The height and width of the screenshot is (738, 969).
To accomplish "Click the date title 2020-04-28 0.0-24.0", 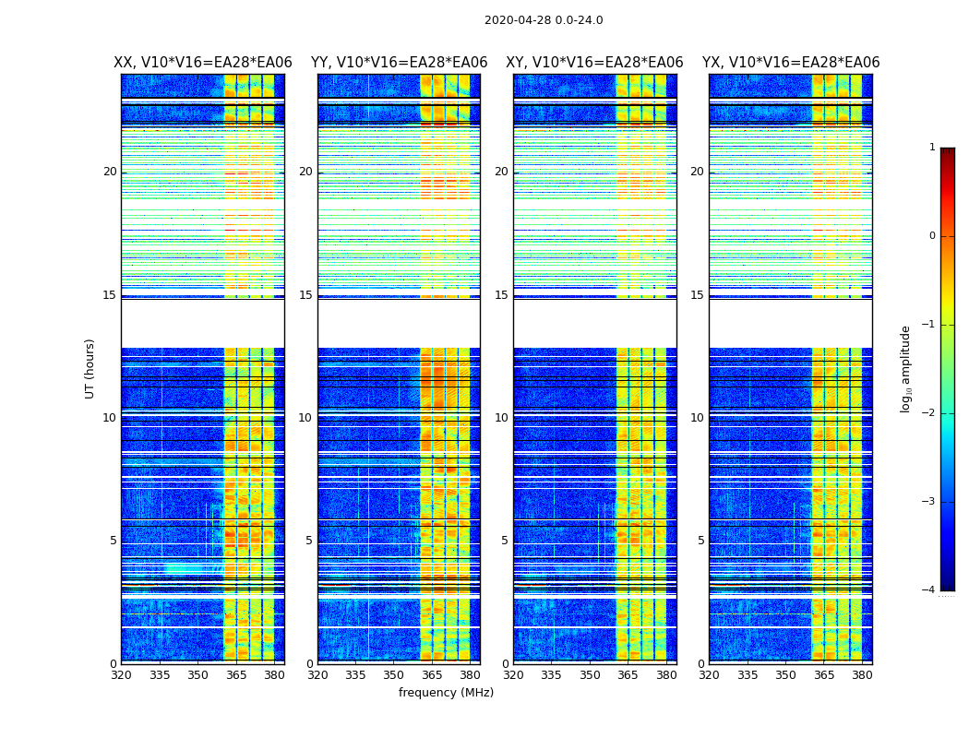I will coord(544,20).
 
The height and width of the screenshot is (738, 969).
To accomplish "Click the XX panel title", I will coord(203,63).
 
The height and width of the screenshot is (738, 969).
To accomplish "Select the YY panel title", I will coord(399,63).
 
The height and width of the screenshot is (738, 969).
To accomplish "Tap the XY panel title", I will coord(594,63).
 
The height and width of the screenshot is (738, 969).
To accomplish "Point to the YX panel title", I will coord(791,63).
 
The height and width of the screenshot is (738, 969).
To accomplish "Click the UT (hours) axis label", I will coord(90,368).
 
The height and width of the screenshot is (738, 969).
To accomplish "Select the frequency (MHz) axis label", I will coord(446,693).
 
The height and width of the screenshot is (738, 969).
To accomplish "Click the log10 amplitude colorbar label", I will coord(905,368).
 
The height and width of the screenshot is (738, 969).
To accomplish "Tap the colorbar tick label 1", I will coord(932,148).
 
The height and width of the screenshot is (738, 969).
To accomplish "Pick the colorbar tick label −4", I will coord(930,590).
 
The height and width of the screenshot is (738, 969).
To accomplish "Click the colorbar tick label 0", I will coord(932,236).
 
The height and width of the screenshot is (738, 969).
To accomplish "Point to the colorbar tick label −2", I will coord(930,413).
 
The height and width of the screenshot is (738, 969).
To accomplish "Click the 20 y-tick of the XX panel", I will coord(110,172).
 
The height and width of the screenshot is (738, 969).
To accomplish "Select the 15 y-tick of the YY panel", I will coord(305,295).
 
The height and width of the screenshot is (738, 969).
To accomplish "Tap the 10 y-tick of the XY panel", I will coord(501,418).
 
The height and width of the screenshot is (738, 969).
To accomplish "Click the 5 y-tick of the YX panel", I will coord(700,541).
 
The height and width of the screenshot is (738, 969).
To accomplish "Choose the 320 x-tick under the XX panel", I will coord(121,674).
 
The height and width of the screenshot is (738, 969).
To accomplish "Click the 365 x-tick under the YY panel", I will coord(419,674).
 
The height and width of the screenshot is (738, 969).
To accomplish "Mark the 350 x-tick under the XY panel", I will coord(590,674).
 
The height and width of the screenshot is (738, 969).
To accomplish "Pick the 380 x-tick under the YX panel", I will coord(862,674).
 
